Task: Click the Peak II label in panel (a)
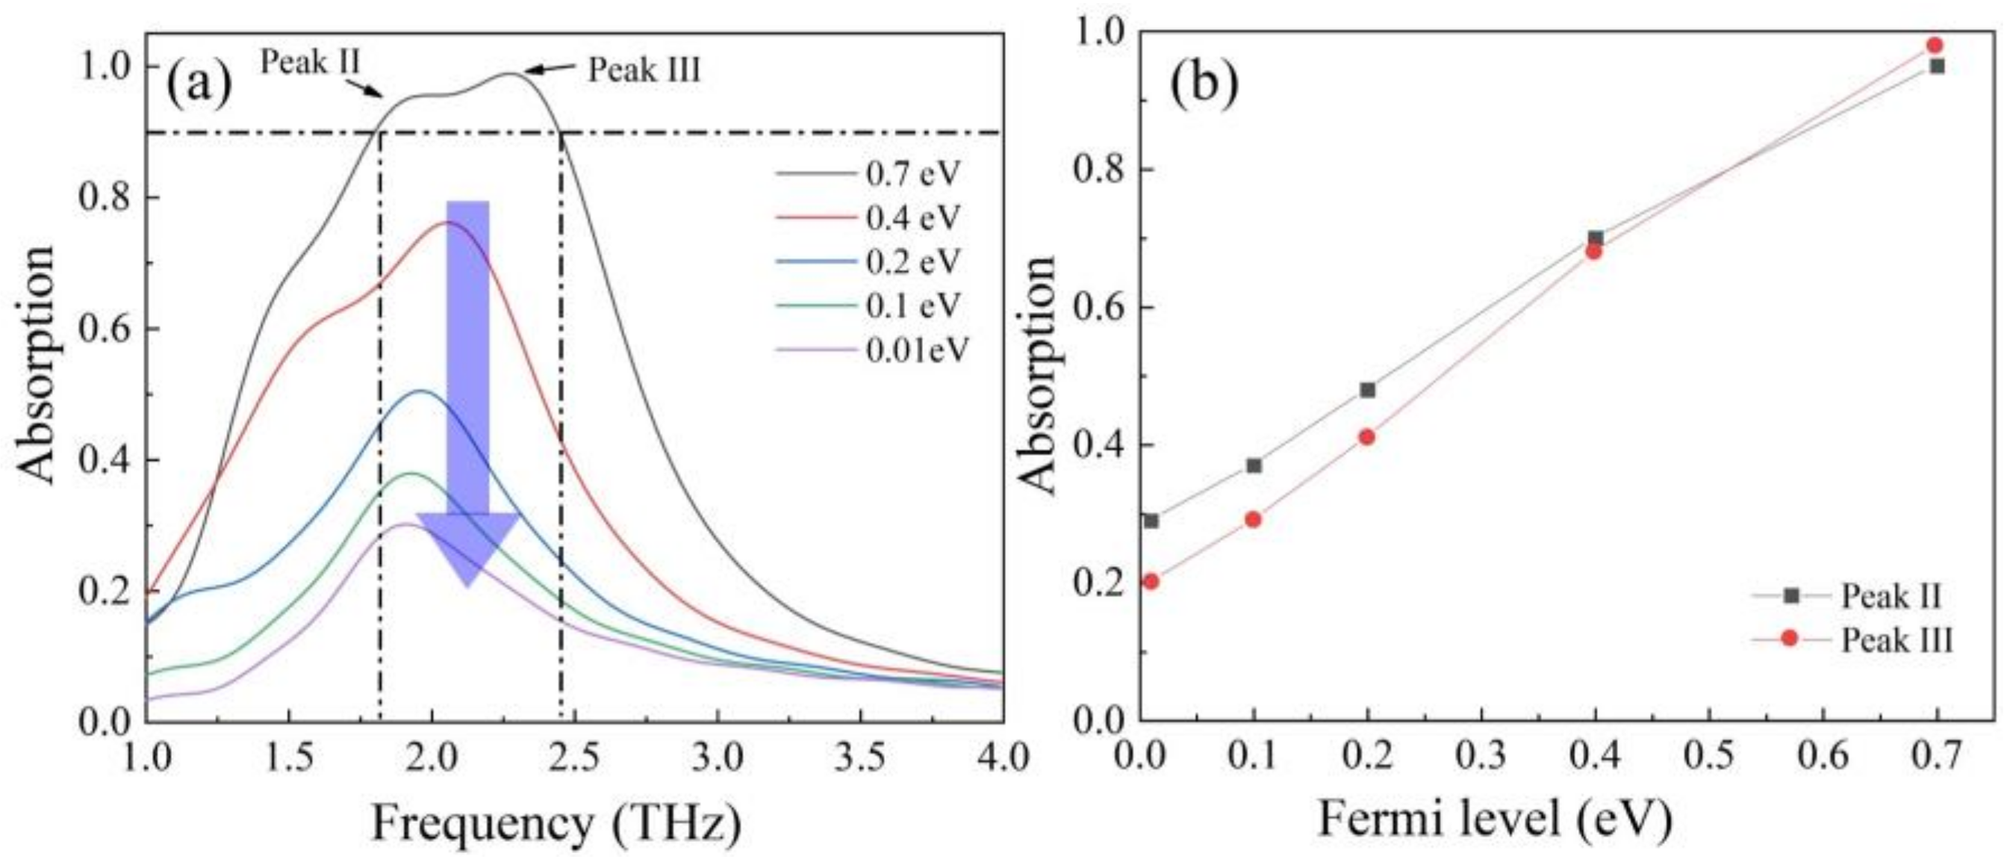pos(309,61)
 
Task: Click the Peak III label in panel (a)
pos(644,70)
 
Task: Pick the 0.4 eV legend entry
pos(912,218)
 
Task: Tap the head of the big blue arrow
pos(467,549)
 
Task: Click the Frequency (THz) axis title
pos(556,825)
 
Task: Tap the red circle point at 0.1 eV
pos(1253,520)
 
